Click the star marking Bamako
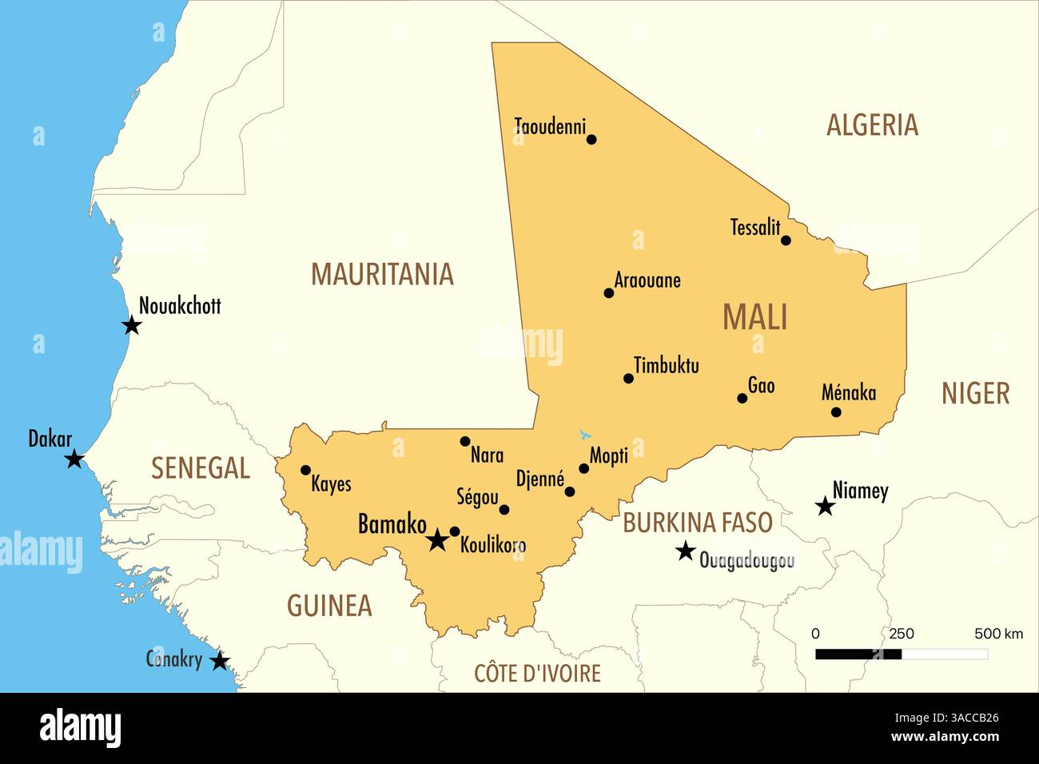click(436, 540)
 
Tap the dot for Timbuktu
click(628, 379)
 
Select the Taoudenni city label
click(550, 126)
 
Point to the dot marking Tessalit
click(786, 241)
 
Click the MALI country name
click(755, 317)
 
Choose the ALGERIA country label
click(872, 125)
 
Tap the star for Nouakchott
click(132, 325)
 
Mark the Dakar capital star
click(74, 459)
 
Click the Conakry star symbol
click(220, 661)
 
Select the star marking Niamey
click(825, 507)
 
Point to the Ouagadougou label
click(746, 560)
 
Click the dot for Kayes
click(305, 470)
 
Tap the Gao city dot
click(742, 398)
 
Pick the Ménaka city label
click(849, 392)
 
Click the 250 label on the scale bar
click(902, 634)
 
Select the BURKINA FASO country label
click(698, 523)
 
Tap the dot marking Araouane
click(609, 293)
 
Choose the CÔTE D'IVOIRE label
click(537, 674)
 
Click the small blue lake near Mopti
click(585, 435)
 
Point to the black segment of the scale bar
click(858, 654)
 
